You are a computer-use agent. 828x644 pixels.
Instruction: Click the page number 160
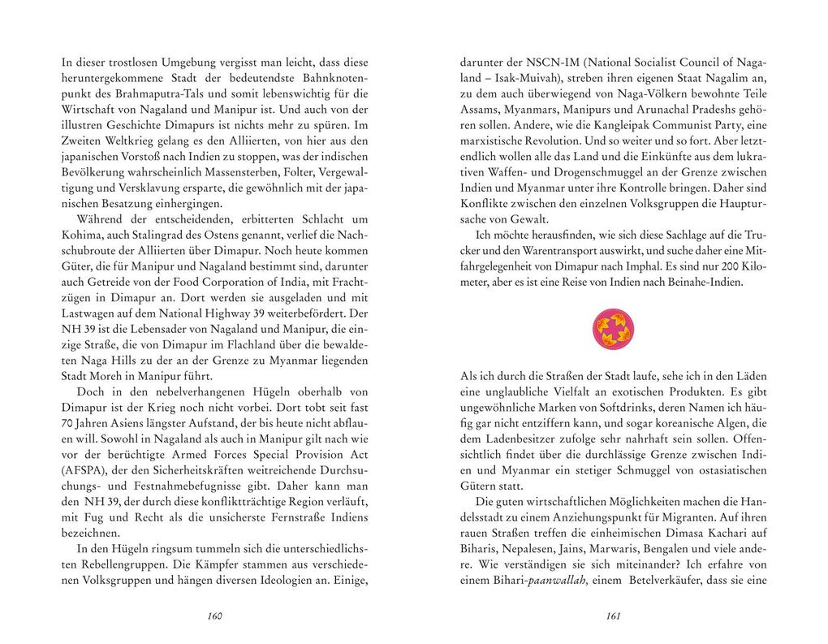[214, 616]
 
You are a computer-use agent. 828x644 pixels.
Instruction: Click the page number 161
[614, 616]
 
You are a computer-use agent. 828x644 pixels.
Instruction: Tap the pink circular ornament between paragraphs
[614, 328]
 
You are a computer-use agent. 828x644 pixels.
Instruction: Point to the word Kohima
[82, 235]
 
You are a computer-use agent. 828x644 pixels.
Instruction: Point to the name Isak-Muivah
[528, 78]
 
